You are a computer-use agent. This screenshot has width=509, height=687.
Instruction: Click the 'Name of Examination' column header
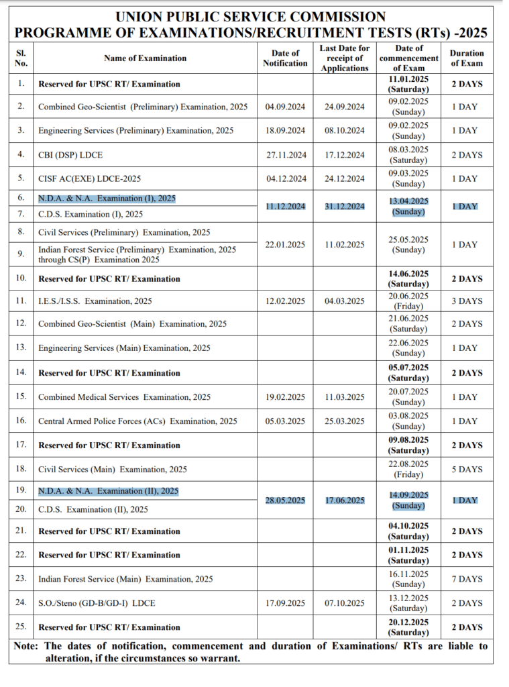[145, 58]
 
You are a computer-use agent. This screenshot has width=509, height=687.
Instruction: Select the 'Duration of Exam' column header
[467, 58]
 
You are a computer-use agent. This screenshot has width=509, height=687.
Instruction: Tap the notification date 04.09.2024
[285, 107]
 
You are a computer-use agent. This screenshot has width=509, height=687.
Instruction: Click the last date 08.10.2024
[345, 131]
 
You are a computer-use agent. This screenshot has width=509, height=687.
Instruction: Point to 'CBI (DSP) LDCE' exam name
[70, 155]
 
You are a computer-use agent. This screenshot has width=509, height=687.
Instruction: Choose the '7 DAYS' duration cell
[467, 579]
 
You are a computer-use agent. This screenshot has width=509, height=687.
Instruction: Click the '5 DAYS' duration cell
[467, 470]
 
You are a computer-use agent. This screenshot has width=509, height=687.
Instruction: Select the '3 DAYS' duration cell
[467, 301]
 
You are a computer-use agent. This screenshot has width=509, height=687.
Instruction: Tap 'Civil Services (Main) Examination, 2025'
[113, 470]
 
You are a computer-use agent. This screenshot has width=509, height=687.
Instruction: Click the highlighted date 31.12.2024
[345, 207]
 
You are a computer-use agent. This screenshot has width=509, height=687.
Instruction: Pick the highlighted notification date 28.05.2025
[285, 500]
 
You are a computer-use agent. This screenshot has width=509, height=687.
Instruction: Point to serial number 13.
[21, 348]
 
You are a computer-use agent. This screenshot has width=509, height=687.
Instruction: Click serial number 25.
[21, 627]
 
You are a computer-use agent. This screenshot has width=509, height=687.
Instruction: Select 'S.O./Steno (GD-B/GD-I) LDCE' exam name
[97, 603]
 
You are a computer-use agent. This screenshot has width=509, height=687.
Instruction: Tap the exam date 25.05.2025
[408, 240]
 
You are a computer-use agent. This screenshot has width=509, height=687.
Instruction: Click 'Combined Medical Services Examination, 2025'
[124, 397]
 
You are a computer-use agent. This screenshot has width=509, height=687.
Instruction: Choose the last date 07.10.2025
[345, 603]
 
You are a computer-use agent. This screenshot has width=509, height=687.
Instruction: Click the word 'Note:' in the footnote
[27, 646]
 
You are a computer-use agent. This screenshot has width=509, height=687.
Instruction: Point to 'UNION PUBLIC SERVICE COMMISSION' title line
[251, 17]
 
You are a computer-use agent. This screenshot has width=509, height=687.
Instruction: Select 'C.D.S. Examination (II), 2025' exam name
[93, 510]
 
